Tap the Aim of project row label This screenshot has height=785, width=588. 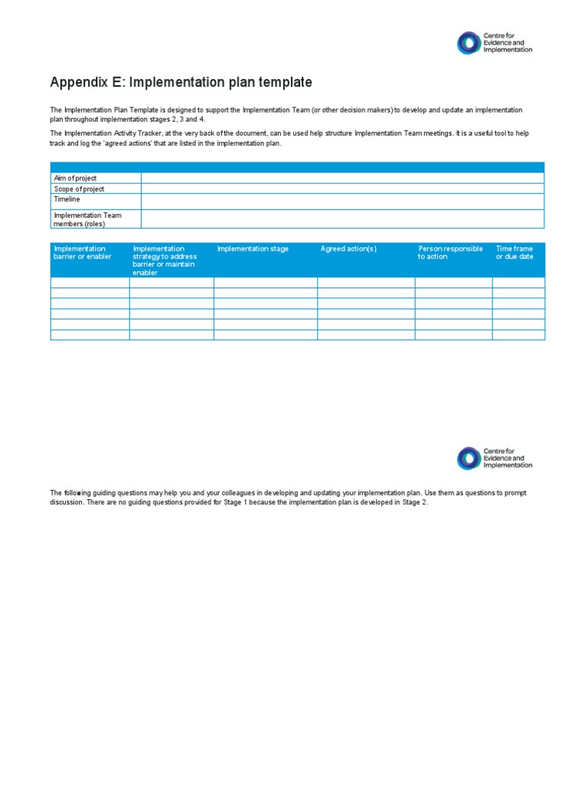pyautogui.click(x=75, y=178)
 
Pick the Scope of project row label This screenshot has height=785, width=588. pyautogui.click(x=79, y=189)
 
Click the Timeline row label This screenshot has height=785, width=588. pyautogui.click(x=67, y=199)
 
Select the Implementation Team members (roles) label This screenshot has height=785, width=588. pyautogui.click(x=87, y=219)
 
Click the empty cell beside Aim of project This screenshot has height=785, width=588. pyautogui.click(x=342, y=178)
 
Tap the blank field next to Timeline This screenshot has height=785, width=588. pyautogui.click(x=342, y=201)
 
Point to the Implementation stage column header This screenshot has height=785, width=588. pyautogui.click(x=253, y=249)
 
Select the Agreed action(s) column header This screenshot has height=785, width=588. pyautogui.click(x=348, y=249)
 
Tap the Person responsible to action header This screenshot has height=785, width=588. pyautogui.click(x=450, y=253)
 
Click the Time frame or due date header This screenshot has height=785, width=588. pyautogui.click(x=514, y=253)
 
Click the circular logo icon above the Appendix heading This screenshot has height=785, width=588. pyautogui.click(x=468, y=43)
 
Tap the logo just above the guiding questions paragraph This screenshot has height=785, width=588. pyautogui.click(x=468, y=458)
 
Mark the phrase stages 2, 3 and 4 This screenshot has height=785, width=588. pyautogui.click(x=181, y=120)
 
